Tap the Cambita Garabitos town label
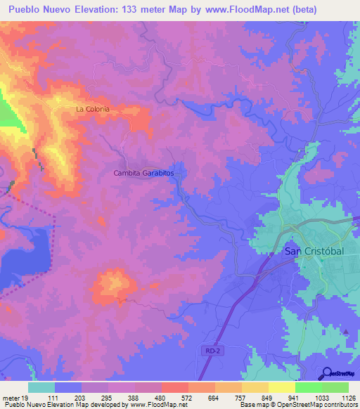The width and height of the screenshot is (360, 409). click(143, 172)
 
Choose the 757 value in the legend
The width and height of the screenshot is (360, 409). click(229, 397)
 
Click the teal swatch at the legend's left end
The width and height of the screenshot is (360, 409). click(41, 387)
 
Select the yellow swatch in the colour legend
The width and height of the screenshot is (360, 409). click(281, 387)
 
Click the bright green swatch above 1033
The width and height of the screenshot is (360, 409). click(308, 387)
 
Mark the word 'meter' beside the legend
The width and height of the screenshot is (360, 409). click(10, 397)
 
